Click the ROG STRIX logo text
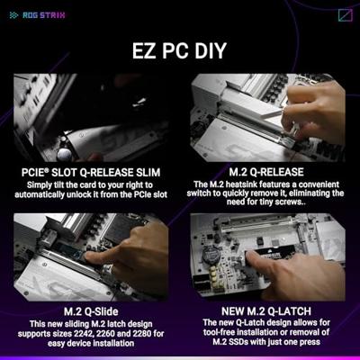44,15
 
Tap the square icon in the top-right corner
346,15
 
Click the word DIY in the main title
211,50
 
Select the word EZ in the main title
144,50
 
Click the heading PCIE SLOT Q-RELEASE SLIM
91,173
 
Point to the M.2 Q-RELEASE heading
266,172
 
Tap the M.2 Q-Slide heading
91,311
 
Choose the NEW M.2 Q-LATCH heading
266,311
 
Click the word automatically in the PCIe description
40,194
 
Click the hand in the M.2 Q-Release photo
313,111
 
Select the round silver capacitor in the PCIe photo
65,154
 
